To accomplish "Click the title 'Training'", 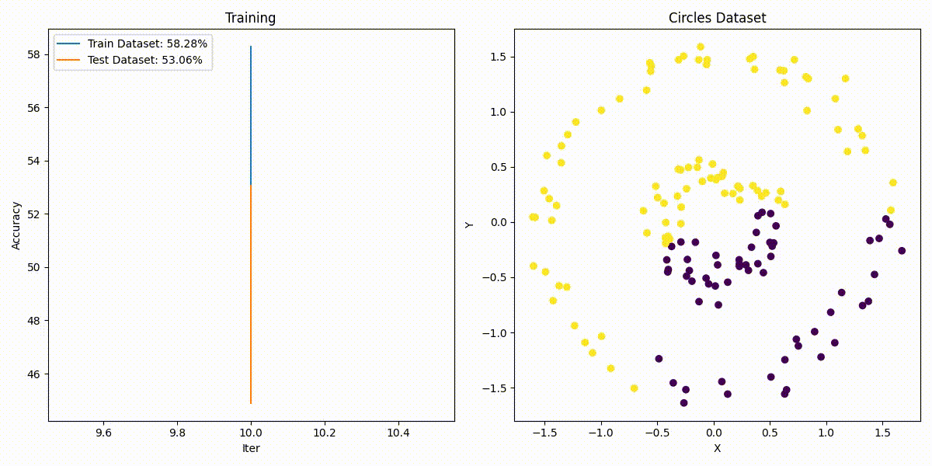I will click(250, 18).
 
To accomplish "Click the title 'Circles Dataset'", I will click(717, 18).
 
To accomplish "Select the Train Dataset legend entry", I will click(147, 44).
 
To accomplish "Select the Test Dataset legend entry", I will click(144, 60).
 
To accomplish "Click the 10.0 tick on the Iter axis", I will click(251, 433).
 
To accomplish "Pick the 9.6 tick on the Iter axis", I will click(103, 433).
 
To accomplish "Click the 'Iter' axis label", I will click(250, 448).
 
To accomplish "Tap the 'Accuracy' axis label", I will click(16, 225).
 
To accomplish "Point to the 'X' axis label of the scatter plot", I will click(717, 448).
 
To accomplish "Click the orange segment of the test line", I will click(251, 295).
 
